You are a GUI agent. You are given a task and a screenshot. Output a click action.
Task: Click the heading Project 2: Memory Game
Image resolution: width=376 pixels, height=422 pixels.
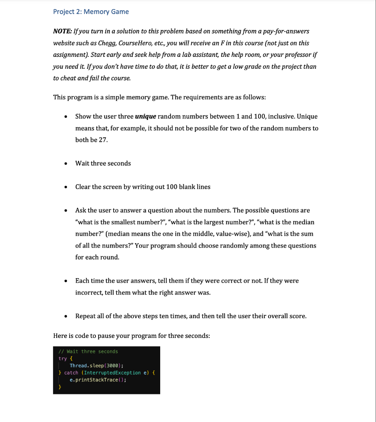[x=91, y=12]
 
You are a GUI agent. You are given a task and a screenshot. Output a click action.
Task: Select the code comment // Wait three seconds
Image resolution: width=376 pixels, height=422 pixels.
[x=88, y=352]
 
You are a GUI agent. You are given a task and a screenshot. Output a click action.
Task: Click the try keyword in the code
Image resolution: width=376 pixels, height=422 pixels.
[x=63, y=359]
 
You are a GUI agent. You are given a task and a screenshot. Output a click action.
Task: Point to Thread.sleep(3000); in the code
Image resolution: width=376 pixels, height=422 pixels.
[x=97, y=366]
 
